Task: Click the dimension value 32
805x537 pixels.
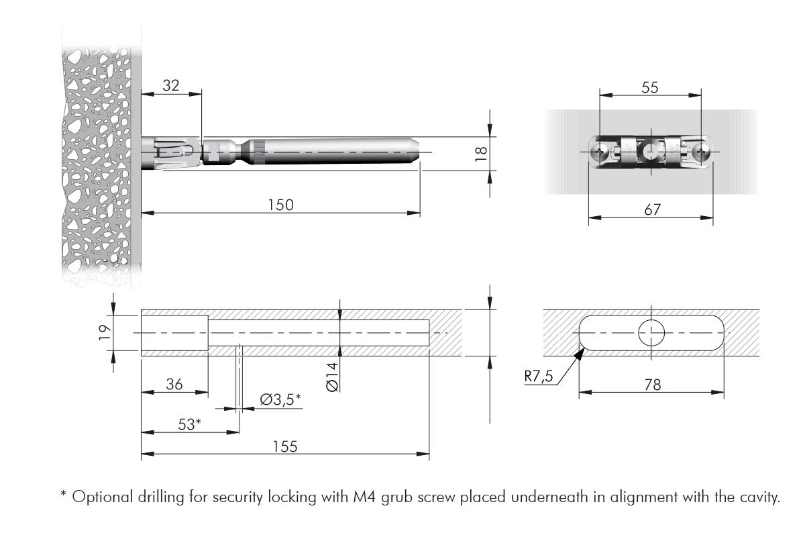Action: (x=171, y=85)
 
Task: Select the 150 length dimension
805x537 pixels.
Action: (x=280, y=205)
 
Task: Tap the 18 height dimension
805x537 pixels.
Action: (x=480, y=154)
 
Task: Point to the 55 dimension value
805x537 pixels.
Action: (x=650, y=87)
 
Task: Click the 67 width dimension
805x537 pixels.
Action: (x=652, y=209)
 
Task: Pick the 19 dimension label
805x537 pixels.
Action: (x=103, y=332)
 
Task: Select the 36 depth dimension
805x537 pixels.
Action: (x=174, y=385)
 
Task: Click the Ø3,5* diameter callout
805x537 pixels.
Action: (x=280, y=400)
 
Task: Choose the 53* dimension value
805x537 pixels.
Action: (x=189, y=424)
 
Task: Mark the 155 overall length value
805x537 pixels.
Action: (x=284, y=446)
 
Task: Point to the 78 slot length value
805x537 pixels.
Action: (x=652, y=385)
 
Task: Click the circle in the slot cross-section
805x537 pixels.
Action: (x=651, y=332)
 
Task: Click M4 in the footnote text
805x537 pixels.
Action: (x=366, y=497)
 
